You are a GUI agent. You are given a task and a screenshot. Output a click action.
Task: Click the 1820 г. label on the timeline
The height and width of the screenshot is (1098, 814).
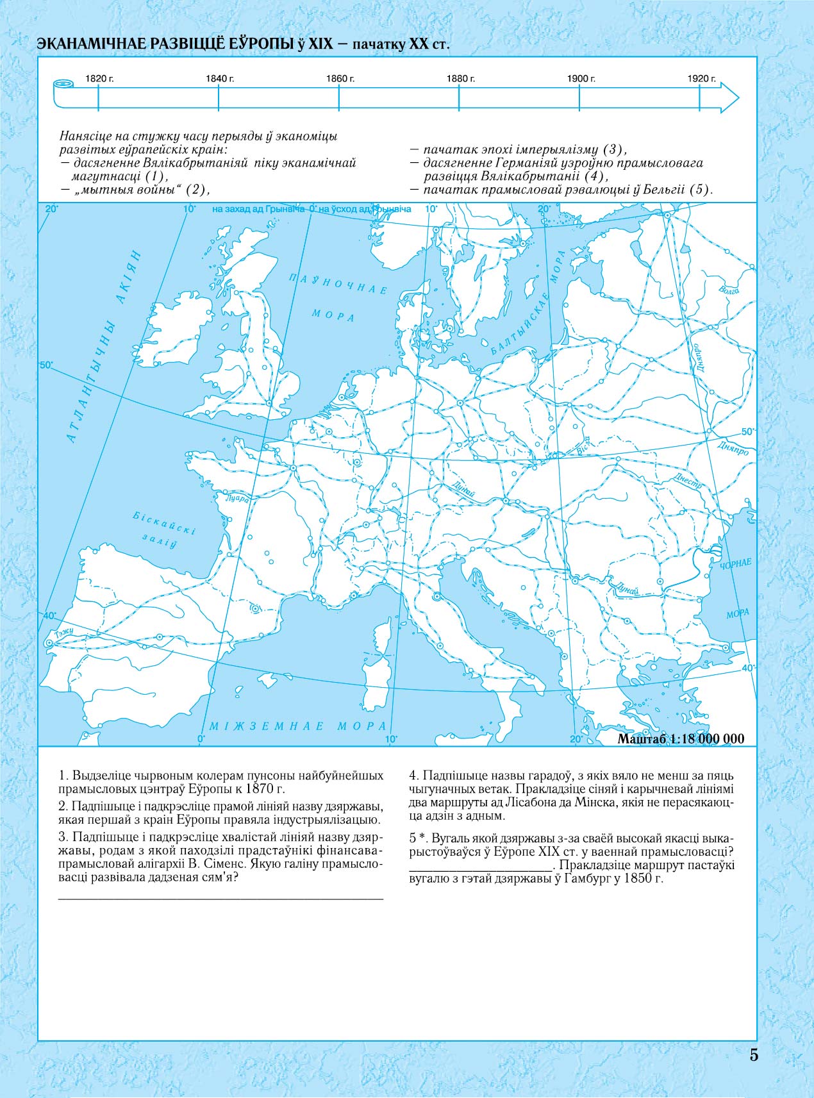[x=99, y=78]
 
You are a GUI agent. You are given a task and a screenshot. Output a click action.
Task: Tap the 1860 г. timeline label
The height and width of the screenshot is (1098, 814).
[x=340, y=78]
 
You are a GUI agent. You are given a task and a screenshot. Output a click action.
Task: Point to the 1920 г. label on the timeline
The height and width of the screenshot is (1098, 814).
[x=702, y=78]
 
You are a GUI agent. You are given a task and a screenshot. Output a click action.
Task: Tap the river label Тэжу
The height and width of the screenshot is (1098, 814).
[x=65, y=633]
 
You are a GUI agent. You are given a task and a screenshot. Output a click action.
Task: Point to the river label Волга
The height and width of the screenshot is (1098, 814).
[x=729, y=290]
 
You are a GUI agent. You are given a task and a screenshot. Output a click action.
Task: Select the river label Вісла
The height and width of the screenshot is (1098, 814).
[x=583, y=447]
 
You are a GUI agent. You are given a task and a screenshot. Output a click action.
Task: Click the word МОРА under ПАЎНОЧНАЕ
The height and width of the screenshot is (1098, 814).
[x=333, y=315]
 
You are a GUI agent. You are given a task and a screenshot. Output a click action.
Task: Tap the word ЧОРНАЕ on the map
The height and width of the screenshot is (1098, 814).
[x=735, y=565]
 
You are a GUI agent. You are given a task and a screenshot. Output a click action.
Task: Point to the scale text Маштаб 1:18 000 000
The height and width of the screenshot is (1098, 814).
[x=681, y=738]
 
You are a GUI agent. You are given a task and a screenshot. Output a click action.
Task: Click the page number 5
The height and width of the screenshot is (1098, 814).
[x=754, y=1055]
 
